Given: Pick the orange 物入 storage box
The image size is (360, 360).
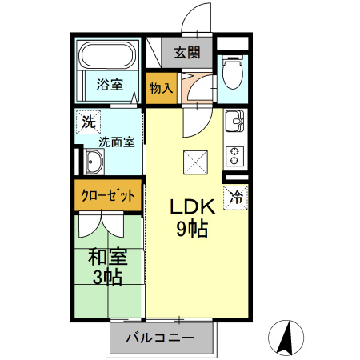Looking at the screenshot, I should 161,87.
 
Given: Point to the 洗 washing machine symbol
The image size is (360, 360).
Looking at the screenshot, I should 88,122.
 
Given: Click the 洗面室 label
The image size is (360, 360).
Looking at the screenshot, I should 116,142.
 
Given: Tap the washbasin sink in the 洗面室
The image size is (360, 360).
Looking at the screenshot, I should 92,165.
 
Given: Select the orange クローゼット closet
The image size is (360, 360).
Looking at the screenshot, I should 109,196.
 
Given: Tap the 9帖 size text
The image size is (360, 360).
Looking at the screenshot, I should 192,230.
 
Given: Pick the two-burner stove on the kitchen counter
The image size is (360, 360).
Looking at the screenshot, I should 235,152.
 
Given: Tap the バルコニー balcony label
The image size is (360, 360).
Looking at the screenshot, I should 161,338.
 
